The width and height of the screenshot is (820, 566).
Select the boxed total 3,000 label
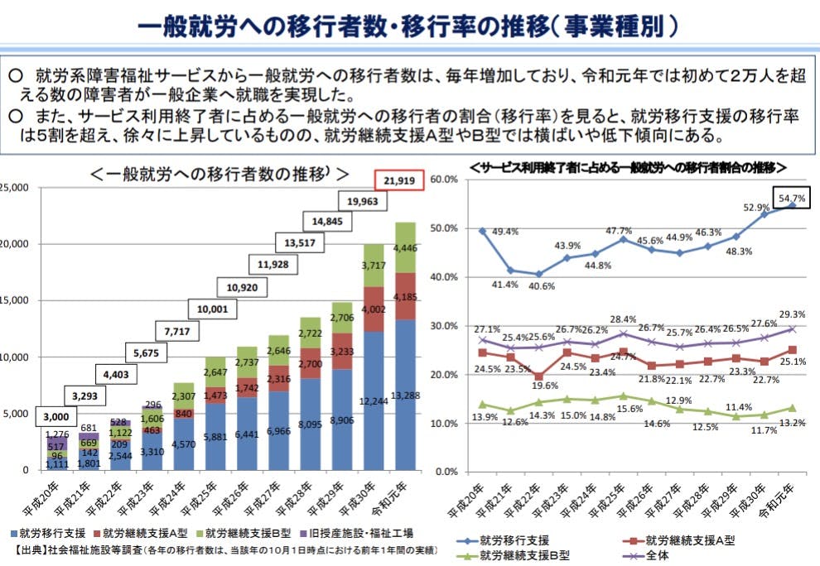[x=57, y=416]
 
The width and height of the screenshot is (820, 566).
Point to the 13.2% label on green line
[x=790, y=422]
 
